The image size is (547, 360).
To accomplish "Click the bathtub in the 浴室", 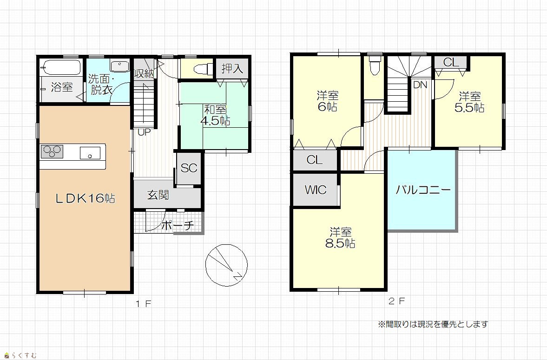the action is [61, 67].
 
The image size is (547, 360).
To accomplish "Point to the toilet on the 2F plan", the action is [375, 65].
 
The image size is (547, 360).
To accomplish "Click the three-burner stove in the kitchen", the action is [52, 152].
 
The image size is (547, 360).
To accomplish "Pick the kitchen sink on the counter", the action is [90, 153].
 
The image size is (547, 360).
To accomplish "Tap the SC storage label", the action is [189, 168].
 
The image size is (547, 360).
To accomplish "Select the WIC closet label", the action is [316, 190].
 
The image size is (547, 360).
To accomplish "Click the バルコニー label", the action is [423, 190].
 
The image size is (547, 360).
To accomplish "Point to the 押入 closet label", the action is [232, 68].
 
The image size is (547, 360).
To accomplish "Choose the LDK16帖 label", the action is [86, 198].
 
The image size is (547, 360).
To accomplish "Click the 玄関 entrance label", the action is [158, 195].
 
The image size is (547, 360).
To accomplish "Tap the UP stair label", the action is [144, 132].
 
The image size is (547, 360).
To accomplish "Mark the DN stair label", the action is [420, 85].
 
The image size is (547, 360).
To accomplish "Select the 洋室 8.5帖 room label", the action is [340, 237].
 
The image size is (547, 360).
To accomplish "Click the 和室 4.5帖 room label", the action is [215, 115].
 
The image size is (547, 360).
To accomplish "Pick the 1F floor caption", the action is [144, 303].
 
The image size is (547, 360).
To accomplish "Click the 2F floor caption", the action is [397, 301].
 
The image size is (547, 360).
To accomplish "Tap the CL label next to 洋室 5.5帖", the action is [451, 62].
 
